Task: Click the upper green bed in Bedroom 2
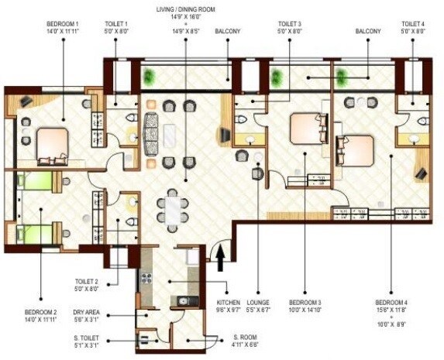(36, 182)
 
